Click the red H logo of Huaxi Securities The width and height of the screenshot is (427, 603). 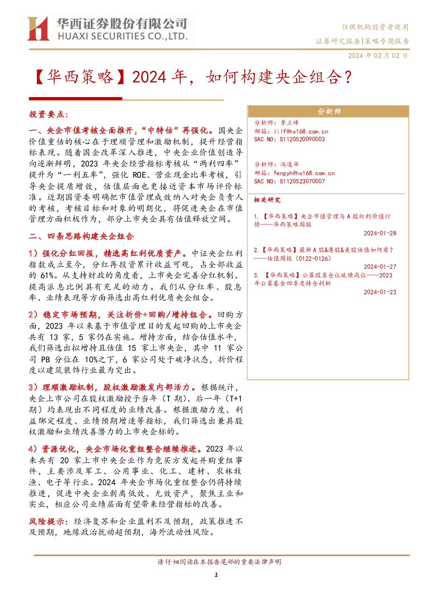pos(38,28)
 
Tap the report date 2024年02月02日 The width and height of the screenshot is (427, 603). pos(378,56)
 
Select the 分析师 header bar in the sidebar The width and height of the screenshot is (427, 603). pos(328,111)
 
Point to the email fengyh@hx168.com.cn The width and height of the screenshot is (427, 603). pos(304,173)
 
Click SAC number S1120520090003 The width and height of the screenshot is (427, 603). pos(302,139)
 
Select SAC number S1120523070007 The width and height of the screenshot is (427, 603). pos(302,181)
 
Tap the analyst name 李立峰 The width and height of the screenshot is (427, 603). pos(289,123)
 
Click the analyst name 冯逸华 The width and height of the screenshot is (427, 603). pos(289,164)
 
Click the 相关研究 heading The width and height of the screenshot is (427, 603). pos(267,200)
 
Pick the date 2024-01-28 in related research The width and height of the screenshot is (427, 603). pos(380,233)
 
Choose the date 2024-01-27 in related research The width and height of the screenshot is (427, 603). pos(380,267)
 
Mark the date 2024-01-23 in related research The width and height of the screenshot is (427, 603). pos(380,292)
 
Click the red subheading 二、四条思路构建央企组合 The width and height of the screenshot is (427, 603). pos(81,236)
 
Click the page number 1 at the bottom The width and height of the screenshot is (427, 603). pos(216,575)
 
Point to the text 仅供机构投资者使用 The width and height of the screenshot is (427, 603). pos(375,27)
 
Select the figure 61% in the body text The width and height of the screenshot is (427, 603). pos(46,275)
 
